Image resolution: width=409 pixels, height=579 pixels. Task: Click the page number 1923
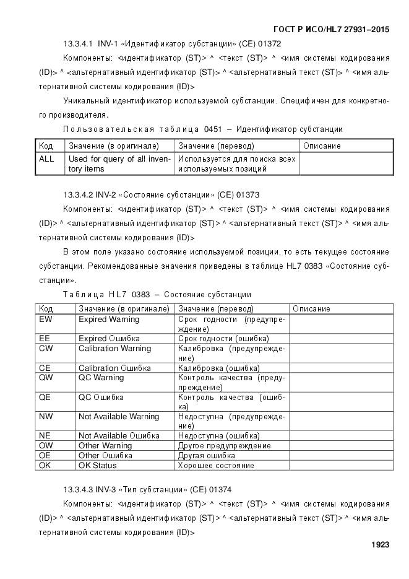tap(380, 545)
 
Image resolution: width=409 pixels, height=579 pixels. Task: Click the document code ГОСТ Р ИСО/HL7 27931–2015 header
tap(331, 29)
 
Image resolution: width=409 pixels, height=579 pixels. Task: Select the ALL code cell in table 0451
tap(46, 159)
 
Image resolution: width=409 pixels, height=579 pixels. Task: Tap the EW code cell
tap(46, 320)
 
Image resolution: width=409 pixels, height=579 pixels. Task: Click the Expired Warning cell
tap(109, 320)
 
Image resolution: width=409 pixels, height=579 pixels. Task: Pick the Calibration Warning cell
tap(114, 349)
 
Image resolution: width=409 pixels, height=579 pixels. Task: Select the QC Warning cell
tap(101, 378)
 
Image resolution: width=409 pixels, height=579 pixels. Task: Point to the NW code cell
tap(46, 417)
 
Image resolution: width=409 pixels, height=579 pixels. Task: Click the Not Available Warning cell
tap(119, 417)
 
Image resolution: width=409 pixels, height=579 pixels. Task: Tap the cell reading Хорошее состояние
tap(216, 465)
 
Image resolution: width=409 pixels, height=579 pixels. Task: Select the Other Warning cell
tap(105, 446)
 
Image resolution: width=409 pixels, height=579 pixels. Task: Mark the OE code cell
tap(45, 455)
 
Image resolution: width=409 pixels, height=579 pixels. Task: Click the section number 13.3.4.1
tap(78, 44)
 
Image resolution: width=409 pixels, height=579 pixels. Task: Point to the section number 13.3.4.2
tap(78, 195)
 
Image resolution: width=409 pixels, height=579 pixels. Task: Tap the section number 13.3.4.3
tap(78, 490)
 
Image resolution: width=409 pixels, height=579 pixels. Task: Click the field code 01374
tap(220, 490)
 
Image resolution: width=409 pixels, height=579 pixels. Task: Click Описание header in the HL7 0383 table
tap(311, 308)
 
